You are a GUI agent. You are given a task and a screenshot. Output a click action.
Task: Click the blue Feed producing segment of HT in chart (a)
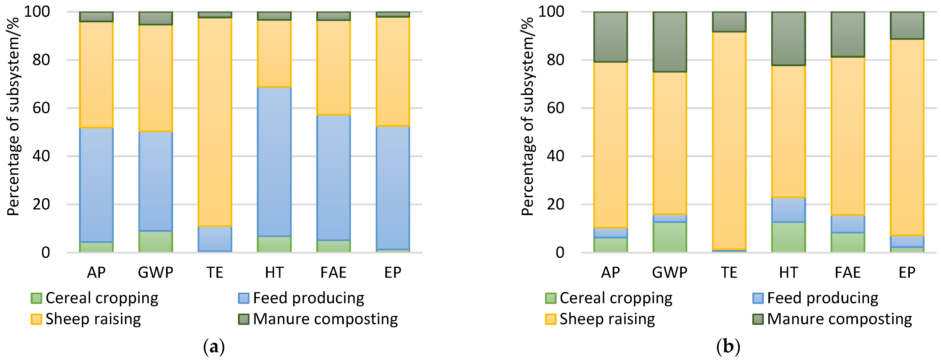tap(274, 161)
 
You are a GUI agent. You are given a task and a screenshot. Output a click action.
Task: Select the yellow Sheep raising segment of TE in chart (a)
tap(215, 122)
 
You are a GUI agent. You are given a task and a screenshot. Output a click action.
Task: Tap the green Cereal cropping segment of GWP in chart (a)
tap(156, 241)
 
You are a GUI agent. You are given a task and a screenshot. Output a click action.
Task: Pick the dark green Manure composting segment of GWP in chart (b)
tap(670, 42)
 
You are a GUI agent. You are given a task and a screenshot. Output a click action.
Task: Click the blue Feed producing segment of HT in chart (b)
tap(788, 210)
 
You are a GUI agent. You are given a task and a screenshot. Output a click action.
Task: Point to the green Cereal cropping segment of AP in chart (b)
tap(610, 245)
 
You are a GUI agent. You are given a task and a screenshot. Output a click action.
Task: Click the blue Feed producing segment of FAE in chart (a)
tap(333, 177)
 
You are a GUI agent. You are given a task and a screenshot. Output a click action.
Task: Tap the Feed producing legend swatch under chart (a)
tap(244, 298)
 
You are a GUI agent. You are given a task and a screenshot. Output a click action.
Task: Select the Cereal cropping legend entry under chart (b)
tap(616, 298)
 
